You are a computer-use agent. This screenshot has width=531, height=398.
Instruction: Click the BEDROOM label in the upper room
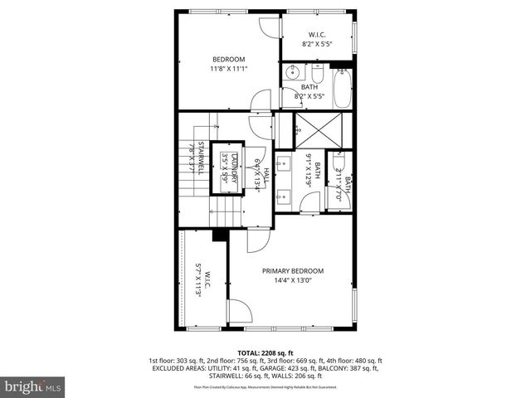(x=228, y=59)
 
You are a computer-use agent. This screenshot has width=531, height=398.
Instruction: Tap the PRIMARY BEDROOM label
(x=293, y=271)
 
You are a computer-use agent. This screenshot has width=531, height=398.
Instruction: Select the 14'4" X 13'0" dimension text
(x=293, y=280)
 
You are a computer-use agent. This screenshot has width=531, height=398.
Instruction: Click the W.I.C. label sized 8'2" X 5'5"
(x=316, y=35)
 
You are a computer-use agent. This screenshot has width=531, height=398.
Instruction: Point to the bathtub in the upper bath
(x=342, y=89)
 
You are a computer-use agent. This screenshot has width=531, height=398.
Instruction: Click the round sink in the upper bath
(x=288, y=75)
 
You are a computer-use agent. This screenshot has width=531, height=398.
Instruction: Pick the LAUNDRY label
(x=235, y=169)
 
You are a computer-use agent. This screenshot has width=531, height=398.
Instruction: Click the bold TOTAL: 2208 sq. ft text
(x=265, y=352)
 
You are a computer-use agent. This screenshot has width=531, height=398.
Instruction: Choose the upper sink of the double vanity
(x=284, y=161)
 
